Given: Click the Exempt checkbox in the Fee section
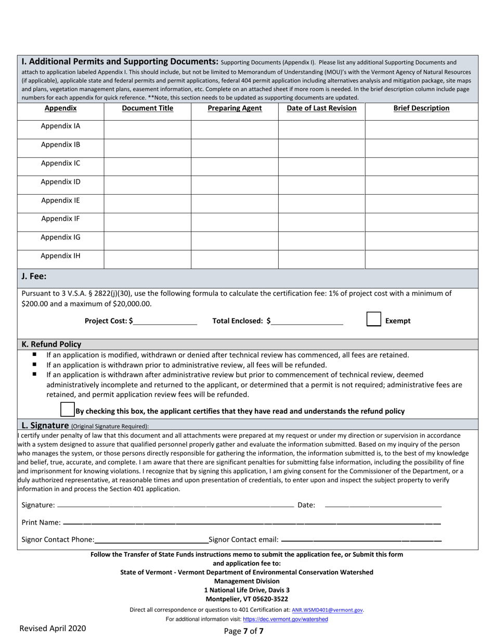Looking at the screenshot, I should [x=374, y=319].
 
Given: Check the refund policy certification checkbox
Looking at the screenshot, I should [x=68, y=409].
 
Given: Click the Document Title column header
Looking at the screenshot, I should [x=148, y=108].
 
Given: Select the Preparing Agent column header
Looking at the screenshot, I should [x=235, y=108].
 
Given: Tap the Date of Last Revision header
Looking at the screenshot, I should [x=321, y=108].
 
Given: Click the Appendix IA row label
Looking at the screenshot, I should [x=61, y=126].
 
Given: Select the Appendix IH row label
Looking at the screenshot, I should [x=61, y=256].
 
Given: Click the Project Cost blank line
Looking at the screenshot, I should [x=165, y=321].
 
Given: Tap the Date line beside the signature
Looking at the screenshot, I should [x=383, y=505].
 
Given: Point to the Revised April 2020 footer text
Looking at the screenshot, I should [x=53, y=629].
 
